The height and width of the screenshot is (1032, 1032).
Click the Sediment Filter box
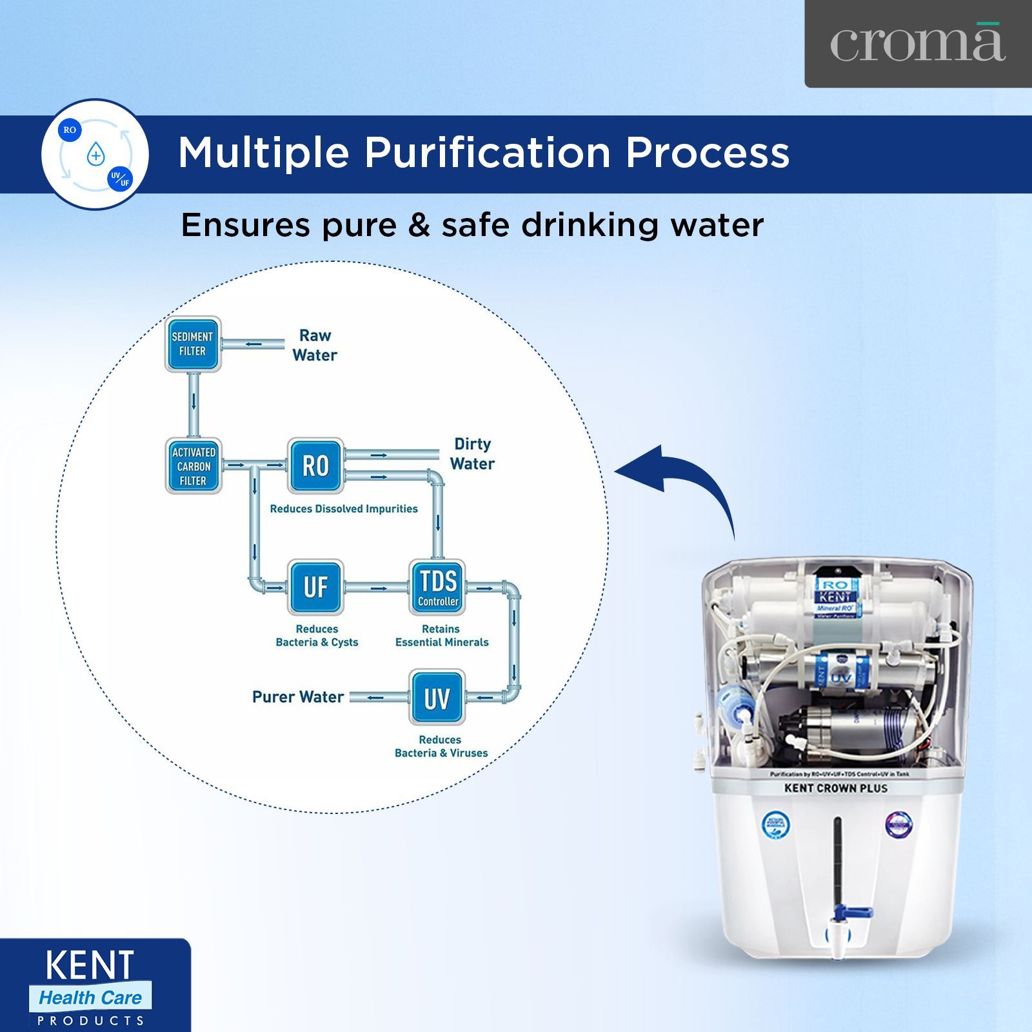[193, 344]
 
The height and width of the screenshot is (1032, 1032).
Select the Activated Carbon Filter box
[193, 466]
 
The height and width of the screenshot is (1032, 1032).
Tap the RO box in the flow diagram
[315, 466]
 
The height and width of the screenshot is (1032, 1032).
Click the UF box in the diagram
[315, 587]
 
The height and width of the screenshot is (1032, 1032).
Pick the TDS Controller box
[438, 587]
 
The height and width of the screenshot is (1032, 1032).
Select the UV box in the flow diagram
[437, 698]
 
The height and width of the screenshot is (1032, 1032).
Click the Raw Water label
[315, 345]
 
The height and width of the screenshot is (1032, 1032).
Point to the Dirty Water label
[472, 453]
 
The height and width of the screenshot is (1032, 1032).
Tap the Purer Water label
[298, 697]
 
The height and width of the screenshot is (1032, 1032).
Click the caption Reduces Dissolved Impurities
[344, 509]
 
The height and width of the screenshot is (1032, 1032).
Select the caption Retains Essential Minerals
[442, 635]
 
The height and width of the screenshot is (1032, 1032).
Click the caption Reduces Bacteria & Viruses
[441, 746]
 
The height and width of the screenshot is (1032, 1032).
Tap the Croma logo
[917, 44]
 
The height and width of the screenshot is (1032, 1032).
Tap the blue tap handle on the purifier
[851, 913]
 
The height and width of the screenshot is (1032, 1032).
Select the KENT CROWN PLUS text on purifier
[836, 788]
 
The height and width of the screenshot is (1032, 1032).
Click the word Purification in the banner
[487, 153]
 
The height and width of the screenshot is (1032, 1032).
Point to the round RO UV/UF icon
[95, 155]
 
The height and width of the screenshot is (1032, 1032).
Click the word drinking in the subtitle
[590, 226]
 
